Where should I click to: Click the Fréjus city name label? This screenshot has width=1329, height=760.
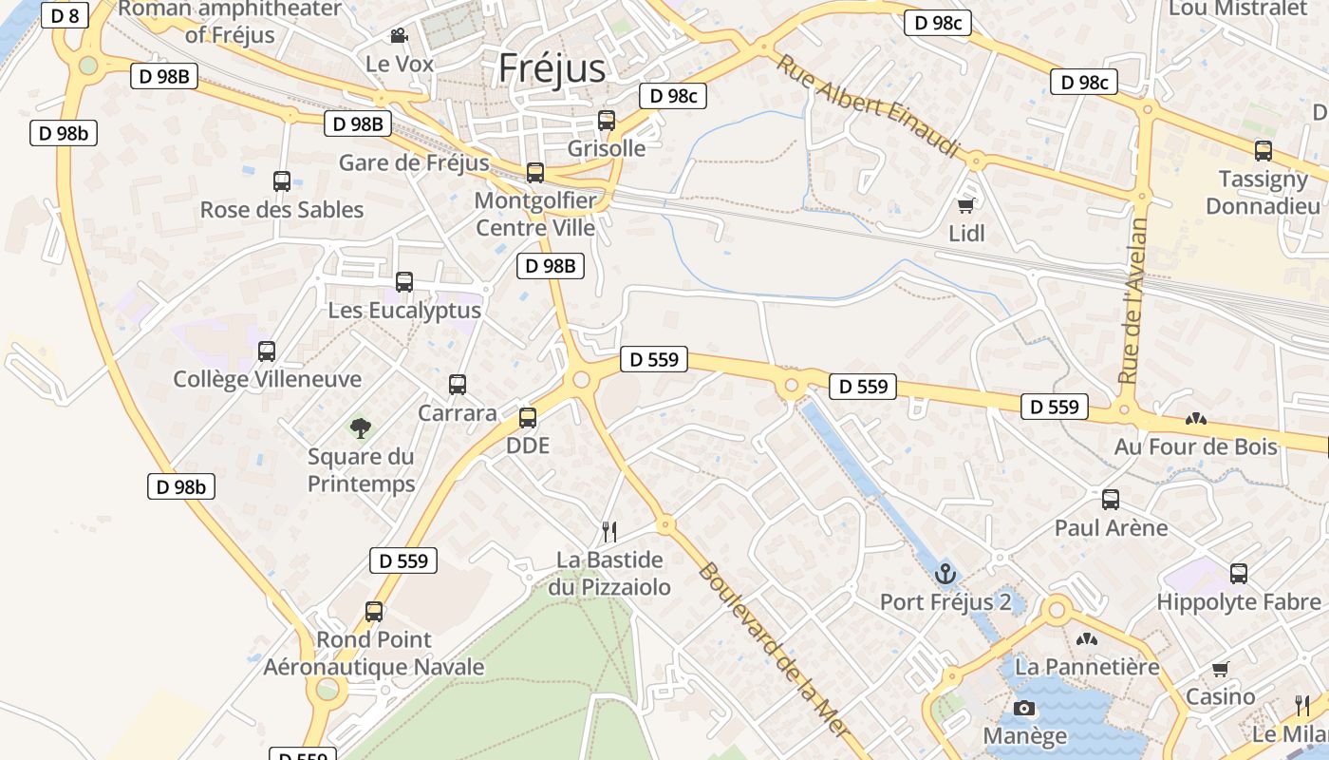pos(552,68)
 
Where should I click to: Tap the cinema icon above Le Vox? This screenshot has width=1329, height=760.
pos(399,36)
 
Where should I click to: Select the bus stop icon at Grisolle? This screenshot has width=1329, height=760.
pos(607,121)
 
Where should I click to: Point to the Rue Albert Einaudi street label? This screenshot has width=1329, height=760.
pos(869,106)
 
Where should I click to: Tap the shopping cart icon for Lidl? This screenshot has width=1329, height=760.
pos(966,205)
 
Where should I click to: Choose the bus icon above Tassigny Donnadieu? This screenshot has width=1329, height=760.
pos(1263,150)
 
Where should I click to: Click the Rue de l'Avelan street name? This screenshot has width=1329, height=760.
pos(1133,300)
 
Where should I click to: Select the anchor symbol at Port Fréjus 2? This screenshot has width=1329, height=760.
pos(945,574)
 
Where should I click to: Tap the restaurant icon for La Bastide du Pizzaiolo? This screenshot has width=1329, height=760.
pos(609,532)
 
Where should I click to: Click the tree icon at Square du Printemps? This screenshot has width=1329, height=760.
pos(361,428)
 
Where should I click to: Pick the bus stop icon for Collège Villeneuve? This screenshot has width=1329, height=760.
pos(267,351)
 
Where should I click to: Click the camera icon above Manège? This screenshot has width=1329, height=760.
pos(1024,708)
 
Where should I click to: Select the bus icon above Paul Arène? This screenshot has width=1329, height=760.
pos(1111,500)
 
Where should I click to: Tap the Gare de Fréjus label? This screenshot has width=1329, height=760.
pos(414,162)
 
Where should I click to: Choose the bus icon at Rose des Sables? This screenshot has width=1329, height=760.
pos(282,181)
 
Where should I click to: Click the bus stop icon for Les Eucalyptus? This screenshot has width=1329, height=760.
pos(404,282)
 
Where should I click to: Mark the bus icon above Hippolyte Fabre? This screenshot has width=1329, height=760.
pos(1239,574)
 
